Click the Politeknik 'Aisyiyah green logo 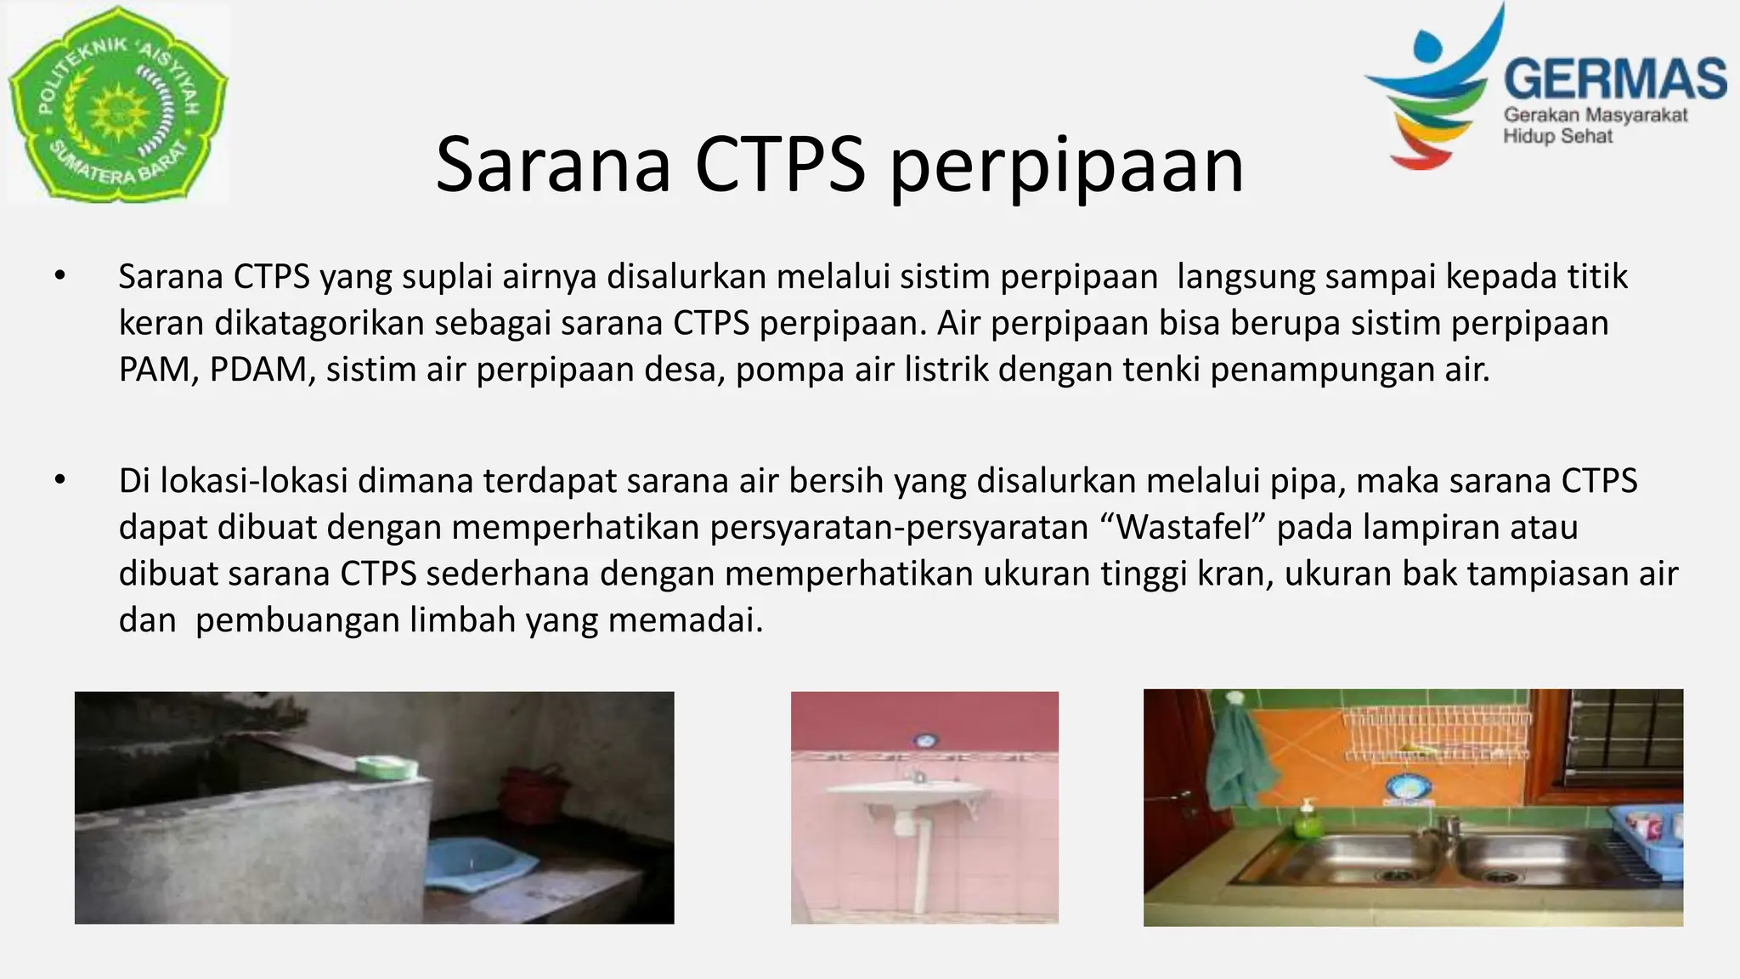(x=117, y=104)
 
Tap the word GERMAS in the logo (x=1614, y=79)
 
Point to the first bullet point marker (x=59, y=276)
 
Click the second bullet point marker (x=59, y=480)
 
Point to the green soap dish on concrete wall (x=387, y=767)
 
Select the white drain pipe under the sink (x=919, y=867)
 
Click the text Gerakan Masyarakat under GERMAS (x=1596, y=116)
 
